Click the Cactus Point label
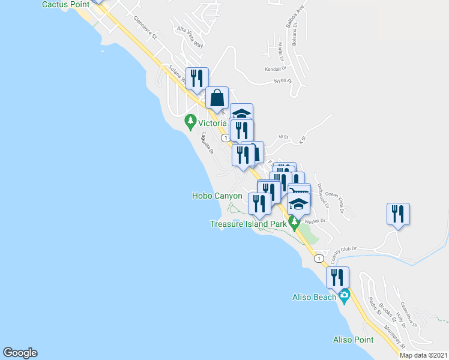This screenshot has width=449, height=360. click(x=65, y=4)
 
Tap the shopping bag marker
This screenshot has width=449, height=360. click(x=217, y=98)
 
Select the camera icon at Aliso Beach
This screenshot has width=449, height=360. click(x=344, y=295)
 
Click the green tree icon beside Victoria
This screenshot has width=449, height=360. click(x=191, y=122)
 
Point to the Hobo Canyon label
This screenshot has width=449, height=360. click(x=217, y=196)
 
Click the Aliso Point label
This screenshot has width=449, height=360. click(x=353, y=340)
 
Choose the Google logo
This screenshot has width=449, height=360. click(x=20, y=353)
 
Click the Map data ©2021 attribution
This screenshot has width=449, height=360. click(x=423, y=355)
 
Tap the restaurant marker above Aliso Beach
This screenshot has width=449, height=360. click(x=337, y=278)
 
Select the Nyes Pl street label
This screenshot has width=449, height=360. click(x=282, y=80)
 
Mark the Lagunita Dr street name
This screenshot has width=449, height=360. click(x=208, y=143)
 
